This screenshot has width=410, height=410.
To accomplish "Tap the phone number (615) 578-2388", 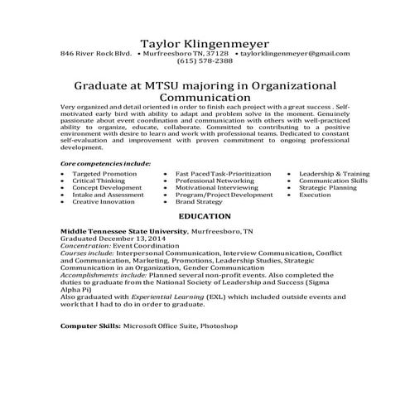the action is [x=204, y=60].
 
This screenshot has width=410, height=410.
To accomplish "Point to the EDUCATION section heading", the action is [x=203, y=215].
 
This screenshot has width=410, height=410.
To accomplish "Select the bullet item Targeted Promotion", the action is [x=104, y=174].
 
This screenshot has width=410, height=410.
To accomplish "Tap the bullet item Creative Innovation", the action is [x=103, y=201].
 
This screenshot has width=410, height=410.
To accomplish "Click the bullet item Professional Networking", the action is [x=215, y=181].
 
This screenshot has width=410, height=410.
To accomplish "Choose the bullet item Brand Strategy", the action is [x=199, y=201].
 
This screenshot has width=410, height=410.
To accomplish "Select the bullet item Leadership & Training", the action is [x=334, y=174].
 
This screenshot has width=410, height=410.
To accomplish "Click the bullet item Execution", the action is [x=315, y=195].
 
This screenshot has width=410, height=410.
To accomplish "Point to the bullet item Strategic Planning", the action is [x=327, y=187].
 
